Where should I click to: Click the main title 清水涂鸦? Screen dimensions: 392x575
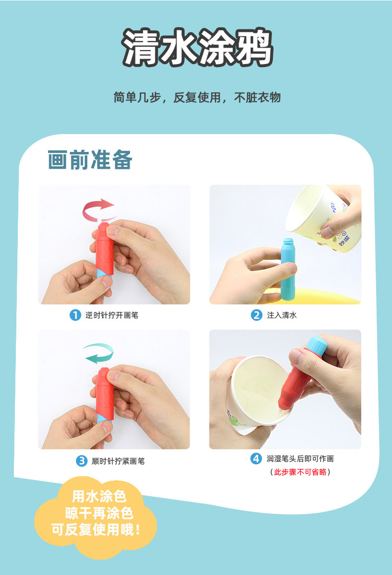click(197, 48)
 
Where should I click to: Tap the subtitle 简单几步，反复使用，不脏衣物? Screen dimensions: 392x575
click(197, 97)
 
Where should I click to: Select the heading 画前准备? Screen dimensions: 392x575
click(90, 160)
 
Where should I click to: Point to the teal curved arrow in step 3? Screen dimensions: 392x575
click(98, 353)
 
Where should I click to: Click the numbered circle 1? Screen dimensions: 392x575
click(75, 315)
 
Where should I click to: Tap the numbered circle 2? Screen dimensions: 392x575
click(257, 315)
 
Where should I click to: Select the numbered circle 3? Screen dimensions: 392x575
click(81, 461)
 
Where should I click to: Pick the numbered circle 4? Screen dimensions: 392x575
click(256, 458)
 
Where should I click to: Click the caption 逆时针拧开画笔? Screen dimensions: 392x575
click(112, 315)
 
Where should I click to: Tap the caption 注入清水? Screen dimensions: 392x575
click(282, 315)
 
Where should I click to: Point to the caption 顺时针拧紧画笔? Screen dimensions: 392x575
click(118, 461)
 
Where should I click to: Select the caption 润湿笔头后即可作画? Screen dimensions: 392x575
click(300, 459)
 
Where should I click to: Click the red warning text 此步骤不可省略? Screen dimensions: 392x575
click(300, 472)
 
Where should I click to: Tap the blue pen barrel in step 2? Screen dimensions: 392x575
click(288, 269)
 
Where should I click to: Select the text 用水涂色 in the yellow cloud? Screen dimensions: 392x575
click(99, 497)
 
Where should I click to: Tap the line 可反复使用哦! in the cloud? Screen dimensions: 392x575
click(96, 529)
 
